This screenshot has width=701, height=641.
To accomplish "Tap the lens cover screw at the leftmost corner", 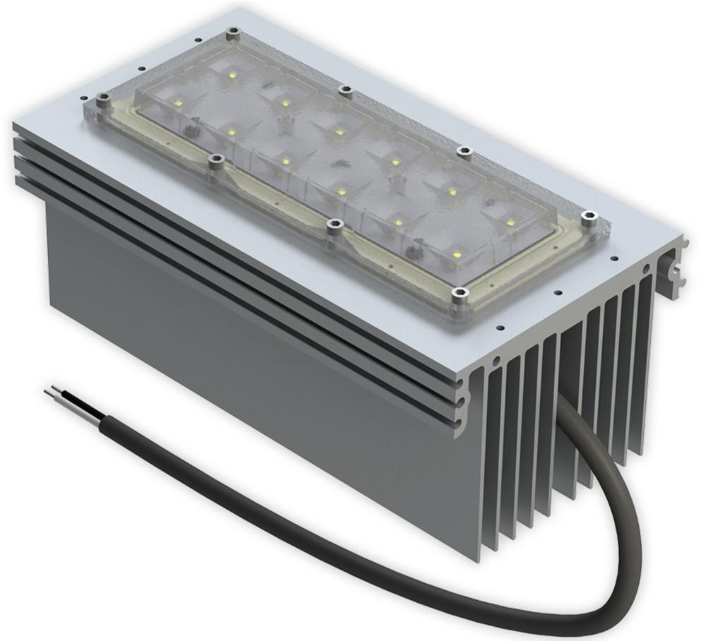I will point(103,100).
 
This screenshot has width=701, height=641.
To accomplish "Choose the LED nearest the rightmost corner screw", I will point(510,223).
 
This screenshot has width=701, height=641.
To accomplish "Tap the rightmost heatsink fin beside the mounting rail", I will point(645,353).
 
